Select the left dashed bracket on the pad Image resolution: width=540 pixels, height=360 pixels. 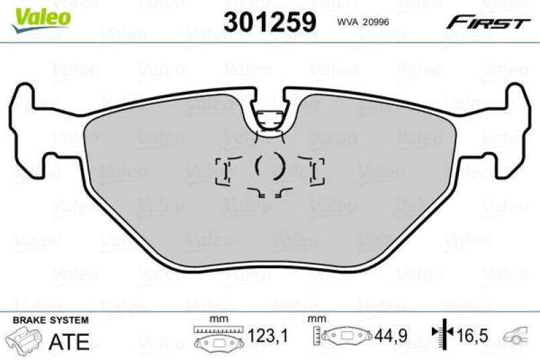[223, 172]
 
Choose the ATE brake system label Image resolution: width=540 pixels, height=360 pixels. [70, 341]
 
